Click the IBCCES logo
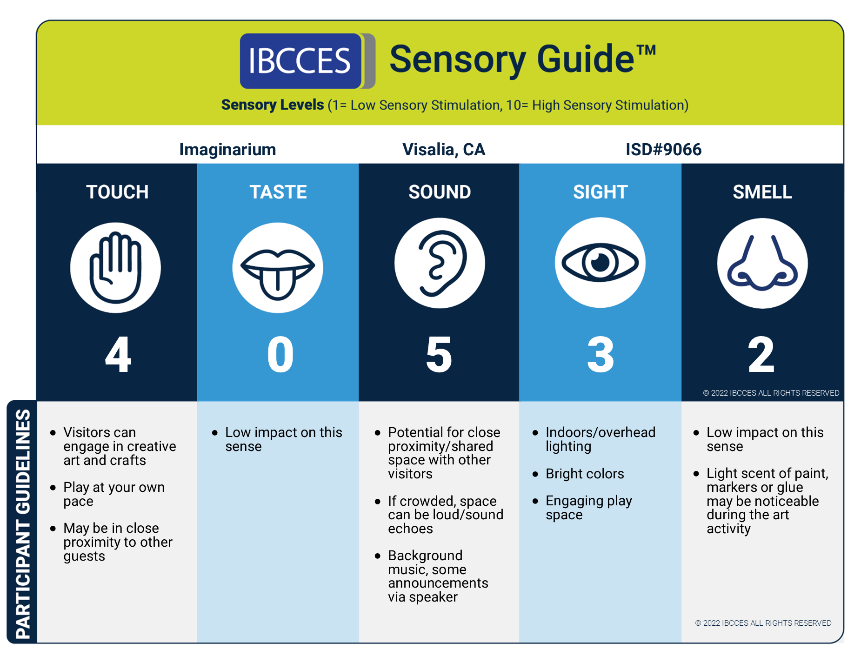[x=301, y=61]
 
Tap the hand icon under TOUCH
[x=115, y=267]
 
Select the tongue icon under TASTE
[x=278, y=268]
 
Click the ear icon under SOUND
[x=440, y=263]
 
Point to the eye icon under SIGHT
[x=600, y=263]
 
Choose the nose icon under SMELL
[x=762, y=263]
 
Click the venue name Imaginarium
[x=227, y=150]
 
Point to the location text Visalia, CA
[x=443, y=150]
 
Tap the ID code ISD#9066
[x=663, y=150]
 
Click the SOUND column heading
[x=440, y=192]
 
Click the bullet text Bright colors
[x=585, y=474]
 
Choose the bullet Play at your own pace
[x=113, y=494]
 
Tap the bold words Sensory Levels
[x=273, y=105]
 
